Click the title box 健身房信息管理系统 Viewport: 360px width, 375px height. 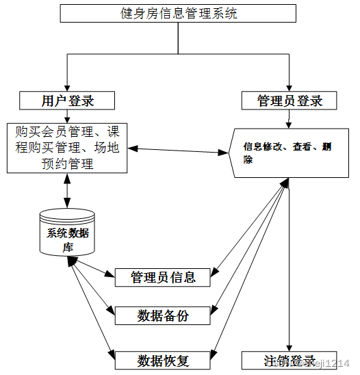(178, 13)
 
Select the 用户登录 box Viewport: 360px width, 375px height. (67, 101)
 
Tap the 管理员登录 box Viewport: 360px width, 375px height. (290, 101)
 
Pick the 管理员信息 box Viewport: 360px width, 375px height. (163, 277)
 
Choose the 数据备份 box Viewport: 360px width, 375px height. (163, 315)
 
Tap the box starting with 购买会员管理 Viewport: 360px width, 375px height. (67, 147)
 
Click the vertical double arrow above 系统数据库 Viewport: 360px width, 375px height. (67, 190)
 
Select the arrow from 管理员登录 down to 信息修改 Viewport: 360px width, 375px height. (290, 119)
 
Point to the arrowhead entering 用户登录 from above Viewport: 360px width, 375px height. (67, 88)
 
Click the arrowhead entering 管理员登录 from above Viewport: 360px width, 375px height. (290, 88)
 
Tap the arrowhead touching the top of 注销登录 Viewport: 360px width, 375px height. (290, 347)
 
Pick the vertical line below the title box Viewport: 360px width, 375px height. (178, 38)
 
